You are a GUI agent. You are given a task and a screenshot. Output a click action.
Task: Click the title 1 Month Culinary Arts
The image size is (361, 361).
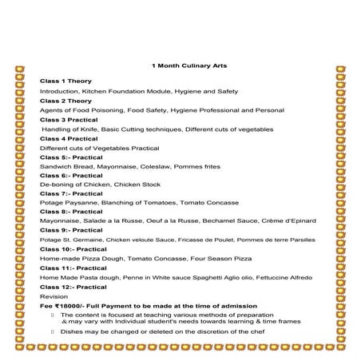tap(180, 65)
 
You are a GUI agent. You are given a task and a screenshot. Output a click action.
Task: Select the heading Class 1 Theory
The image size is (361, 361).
tap(65, 81)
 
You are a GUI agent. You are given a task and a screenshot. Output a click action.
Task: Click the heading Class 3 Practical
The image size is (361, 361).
tap(69, 119)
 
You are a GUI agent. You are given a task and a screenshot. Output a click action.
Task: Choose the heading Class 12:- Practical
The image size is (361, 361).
tap(73, 286)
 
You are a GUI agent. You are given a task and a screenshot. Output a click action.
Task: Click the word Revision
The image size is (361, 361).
tap(53, 296)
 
